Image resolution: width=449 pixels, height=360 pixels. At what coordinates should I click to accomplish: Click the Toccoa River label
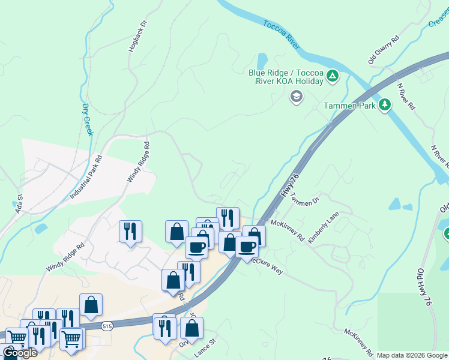point(282,34)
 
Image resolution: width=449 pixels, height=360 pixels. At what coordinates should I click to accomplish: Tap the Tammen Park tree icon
point(385,106)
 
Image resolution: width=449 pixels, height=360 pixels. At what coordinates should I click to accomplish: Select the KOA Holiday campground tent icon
point(332,76)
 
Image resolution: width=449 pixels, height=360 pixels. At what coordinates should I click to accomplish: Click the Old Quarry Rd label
point(383,50)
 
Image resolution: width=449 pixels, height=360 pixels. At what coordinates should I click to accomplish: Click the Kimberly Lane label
point(324,227)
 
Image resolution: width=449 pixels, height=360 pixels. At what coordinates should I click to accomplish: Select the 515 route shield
point(107,326)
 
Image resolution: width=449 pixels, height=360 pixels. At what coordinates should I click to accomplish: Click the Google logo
point(20,353)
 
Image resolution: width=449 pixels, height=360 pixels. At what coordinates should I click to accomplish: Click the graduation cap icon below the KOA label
point(296,97)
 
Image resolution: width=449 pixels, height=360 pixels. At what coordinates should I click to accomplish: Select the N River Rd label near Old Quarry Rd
point(406,95)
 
